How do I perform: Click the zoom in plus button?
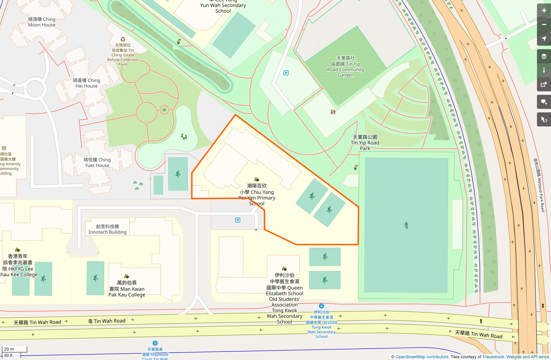[x=544, y=11]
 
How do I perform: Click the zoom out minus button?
[x=544, y=25]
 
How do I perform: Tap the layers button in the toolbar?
[x=544, y=56]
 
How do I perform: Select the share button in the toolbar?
[x=544, y=85]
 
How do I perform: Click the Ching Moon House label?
[x=42, y=22]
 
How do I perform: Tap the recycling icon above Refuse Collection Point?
[x=123, y=39]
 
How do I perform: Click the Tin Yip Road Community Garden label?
[x=345, y=66]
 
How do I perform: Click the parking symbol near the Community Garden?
[x=286, y=73]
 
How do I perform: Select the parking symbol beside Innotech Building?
[x=238, y=220]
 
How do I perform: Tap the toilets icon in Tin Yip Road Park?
[x=333, y=112]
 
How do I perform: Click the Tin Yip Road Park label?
[x=365, y=143]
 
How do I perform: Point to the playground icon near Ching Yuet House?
[x=184, y=136]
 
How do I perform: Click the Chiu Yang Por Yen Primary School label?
[x=257, y=194]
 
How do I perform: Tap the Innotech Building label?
[x=107, y=229]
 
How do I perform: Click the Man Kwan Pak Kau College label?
[x=127, y=289]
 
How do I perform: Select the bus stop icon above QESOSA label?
[x=321, y=306]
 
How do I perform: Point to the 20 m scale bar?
[x=14, y=349]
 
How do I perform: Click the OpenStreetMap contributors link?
[x=422, y=357]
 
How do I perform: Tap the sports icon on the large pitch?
[x=406, y=225]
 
